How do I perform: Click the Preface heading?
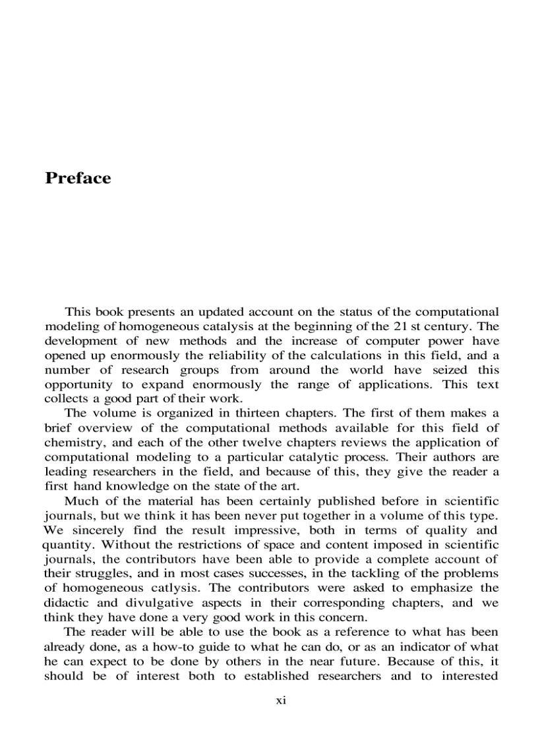[x=78, y=179]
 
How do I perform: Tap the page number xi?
[x=280, y=700]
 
